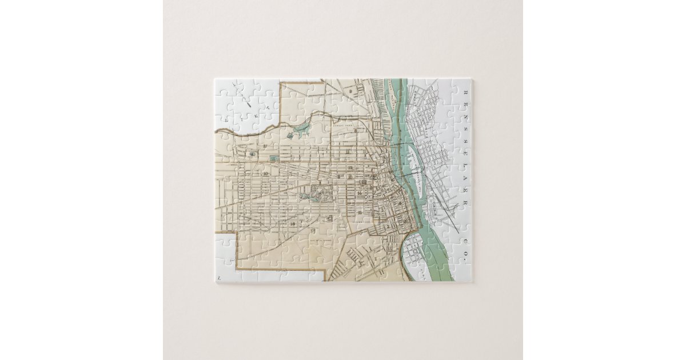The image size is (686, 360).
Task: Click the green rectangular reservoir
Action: pyautogui.click(x=274, y=157)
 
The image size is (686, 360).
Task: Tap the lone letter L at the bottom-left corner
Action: pyautogui.click(x=218, y=278)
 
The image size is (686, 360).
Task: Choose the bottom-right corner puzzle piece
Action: pyautogui.click(x=462, y=273)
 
